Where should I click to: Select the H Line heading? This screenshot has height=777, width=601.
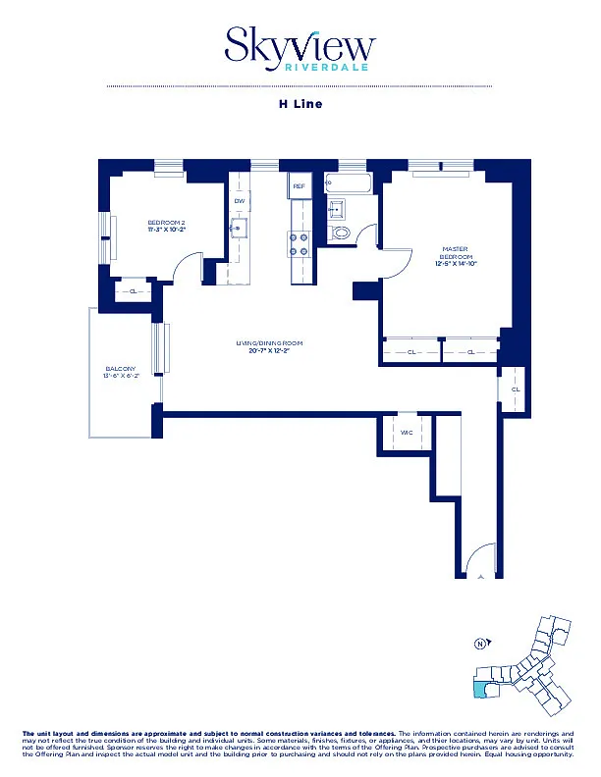pos(300,103)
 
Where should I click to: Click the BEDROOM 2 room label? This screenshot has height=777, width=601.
pos(166,224)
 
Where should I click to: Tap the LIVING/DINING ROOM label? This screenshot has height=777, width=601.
pos(268,343)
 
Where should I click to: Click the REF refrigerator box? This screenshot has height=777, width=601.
pos(300,184)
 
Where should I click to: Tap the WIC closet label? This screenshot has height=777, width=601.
pos(407,433)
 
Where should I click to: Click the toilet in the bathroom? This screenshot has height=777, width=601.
pos(340,233)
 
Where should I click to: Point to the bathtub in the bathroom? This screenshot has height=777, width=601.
pos(348,182)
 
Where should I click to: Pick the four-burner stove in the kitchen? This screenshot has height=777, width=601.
pos(300,243)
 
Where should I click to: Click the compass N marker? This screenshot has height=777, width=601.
pos(480,644)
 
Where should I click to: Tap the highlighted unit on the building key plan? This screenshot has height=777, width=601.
pos(480,689)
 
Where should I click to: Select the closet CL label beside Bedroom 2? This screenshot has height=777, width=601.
pos(134,291)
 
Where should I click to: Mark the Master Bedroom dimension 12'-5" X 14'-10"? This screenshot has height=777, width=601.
pos(454,263)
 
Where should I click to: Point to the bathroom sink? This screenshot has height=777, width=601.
pos(335,207)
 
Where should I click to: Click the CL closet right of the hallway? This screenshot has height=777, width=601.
pos(516,389)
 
